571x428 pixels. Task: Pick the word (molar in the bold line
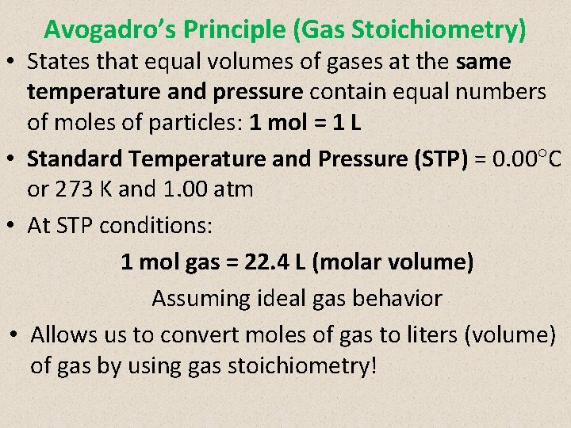pos(347,262)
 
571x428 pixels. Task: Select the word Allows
pos(65,334)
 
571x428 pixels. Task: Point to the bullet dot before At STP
pos(14,225)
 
